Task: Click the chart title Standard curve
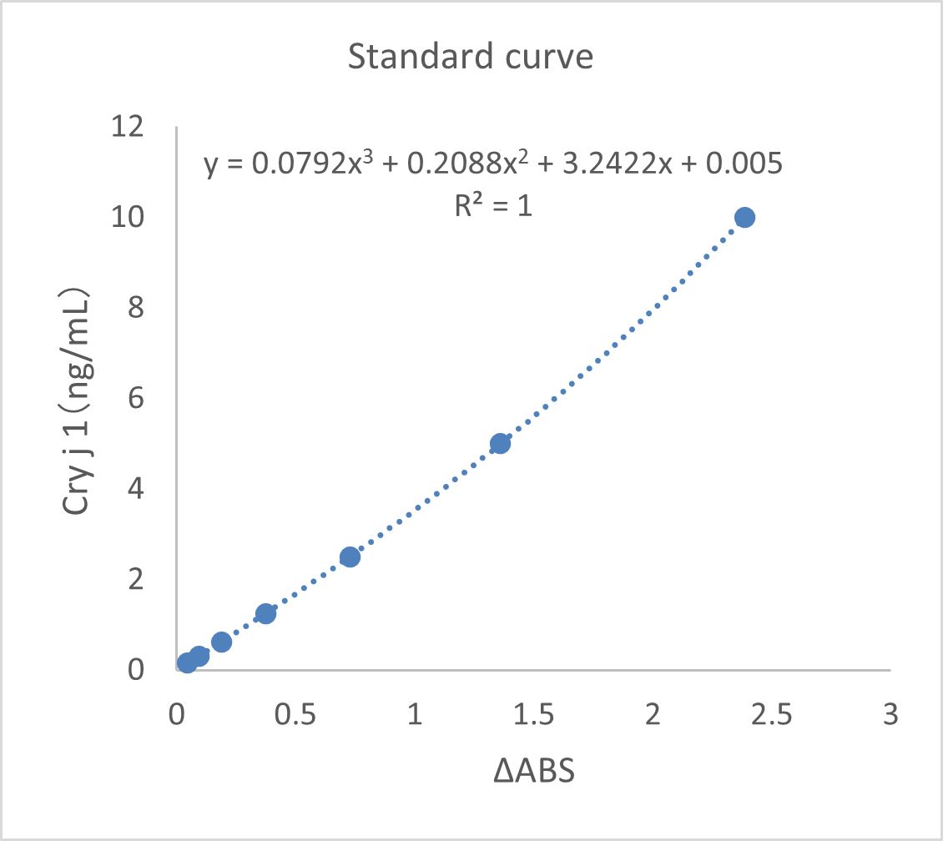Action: point(470,58)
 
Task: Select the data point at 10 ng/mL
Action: point(744,217)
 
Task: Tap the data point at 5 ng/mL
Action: point(500,443)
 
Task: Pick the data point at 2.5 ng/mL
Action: point(350,556)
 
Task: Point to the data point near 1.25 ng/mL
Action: point(265,613)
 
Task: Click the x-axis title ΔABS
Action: point(533,772)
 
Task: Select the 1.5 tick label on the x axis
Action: point(533,715)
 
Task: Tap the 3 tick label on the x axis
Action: point(890,715)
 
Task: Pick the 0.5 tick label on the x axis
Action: point(295,715)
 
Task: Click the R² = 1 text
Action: point(493,204)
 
